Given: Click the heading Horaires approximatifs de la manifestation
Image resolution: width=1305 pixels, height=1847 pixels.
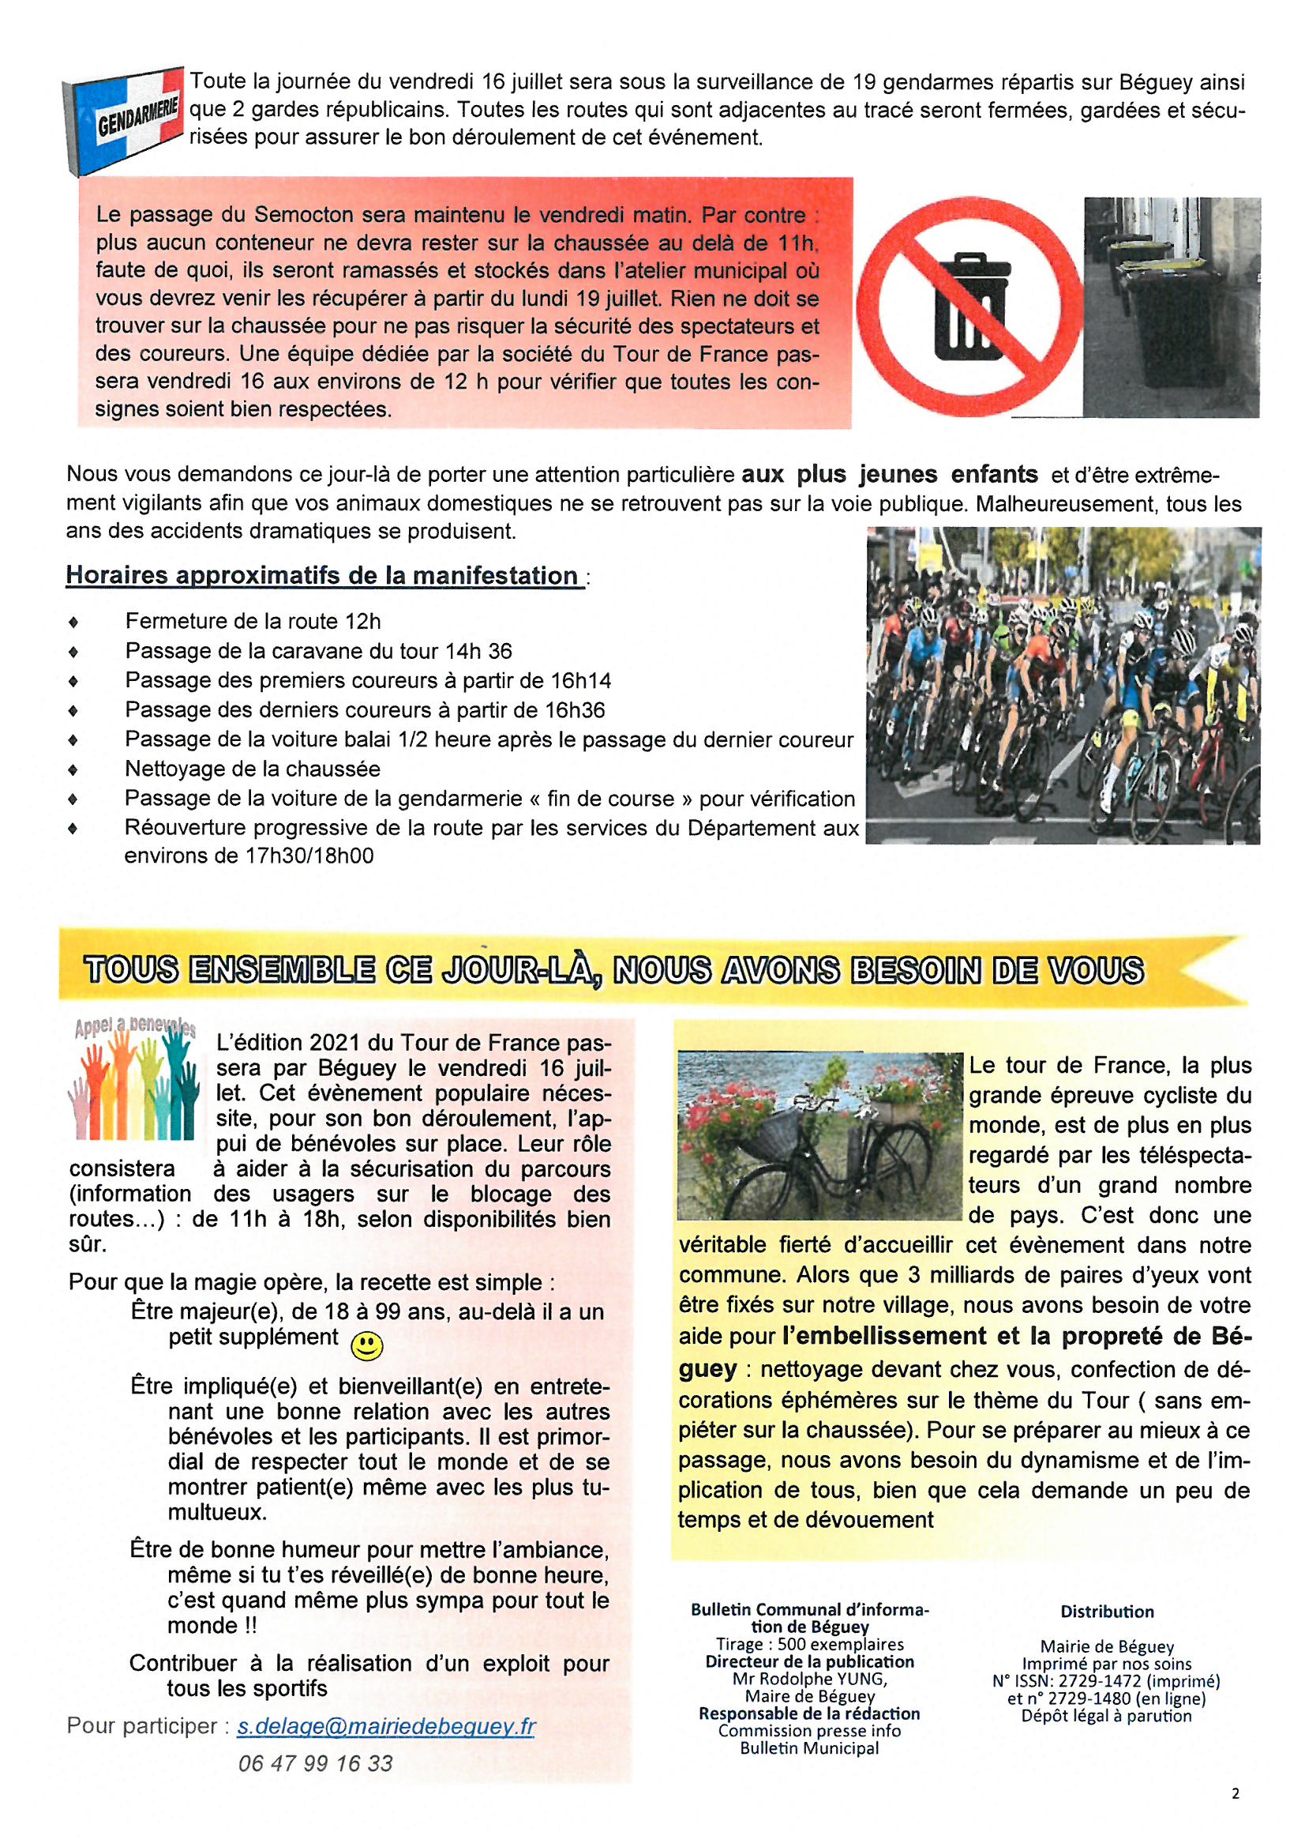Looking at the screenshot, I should pos(321,575).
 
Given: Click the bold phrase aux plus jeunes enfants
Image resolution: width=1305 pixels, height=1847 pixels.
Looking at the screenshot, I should pos(889,475).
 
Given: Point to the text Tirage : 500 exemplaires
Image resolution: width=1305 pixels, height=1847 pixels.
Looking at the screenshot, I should pos(810,1644).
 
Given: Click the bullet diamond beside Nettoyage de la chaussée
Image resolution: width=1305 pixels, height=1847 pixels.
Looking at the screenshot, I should pos(74,770).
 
